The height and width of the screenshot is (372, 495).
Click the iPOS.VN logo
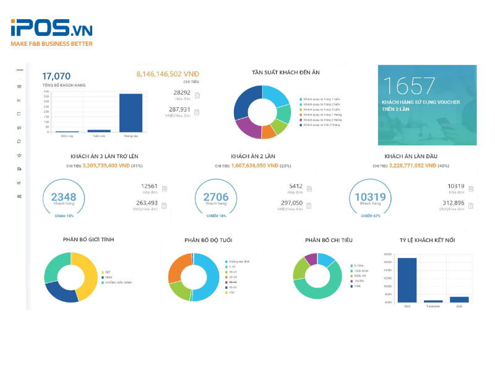tap(51, 29)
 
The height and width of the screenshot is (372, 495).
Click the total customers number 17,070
tap(61, 76)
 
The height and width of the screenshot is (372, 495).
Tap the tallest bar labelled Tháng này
tap(131, 112)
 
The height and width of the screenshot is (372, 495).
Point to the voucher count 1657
tap(409, 86)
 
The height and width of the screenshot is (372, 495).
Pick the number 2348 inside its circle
tap(63, 197)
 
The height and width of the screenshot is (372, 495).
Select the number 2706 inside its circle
tap(215, 197)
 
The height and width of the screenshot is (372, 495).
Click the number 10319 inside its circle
tap(370, 197)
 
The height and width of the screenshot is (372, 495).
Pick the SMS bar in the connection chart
tap(407, 280)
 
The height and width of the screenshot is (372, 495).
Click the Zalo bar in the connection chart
tap(459, 299)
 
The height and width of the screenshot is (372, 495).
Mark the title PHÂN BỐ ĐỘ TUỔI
tap(208, 240)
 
